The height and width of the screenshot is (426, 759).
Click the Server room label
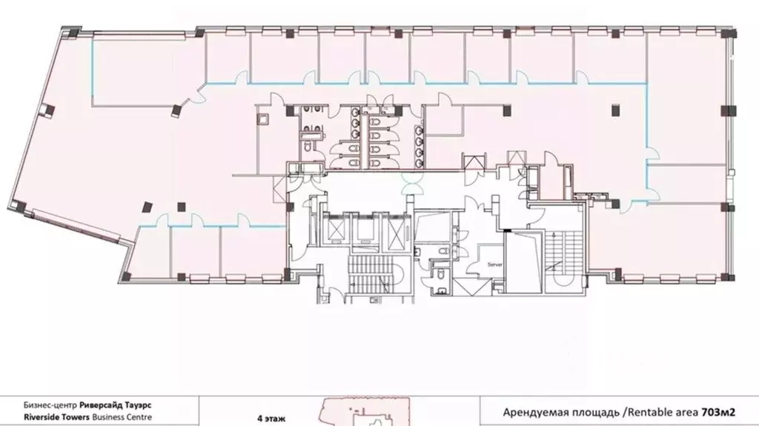(x=494, y=264)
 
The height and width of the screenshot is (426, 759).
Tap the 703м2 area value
(x=717, y=413)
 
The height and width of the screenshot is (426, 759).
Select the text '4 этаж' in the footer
(x=271, y=419)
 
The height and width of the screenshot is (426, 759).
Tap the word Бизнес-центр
(x=50, y=405)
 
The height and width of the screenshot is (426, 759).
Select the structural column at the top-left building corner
(x=72, y=33)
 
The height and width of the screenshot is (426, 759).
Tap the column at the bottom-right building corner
(x=727, y=277)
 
